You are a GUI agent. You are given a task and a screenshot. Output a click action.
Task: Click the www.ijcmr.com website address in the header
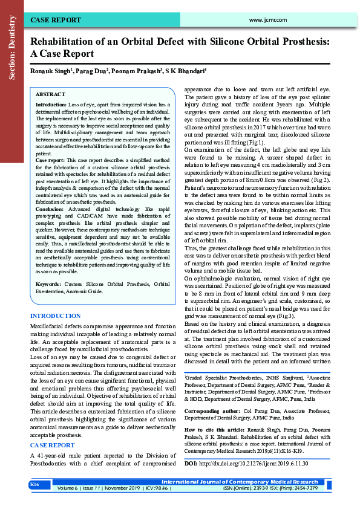click(267, 20)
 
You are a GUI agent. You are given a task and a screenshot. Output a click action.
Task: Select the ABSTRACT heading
click(51, 95)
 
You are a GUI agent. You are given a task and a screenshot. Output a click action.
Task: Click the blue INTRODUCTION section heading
click(55, 316)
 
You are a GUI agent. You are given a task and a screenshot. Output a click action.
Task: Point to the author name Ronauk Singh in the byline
click(51, 71)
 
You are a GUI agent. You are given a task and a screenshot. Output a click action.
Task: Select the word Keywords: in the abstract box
click(49, 284)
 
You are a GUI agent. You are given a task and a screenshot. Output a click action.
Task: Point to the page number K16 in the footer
click(35, 485)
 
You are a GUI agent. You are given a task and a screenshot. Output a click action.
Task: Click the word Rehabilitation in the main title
click(64, 42)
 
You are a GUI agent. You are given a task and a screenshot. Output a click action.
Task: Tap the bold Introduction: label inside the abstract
click(51, 105)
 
